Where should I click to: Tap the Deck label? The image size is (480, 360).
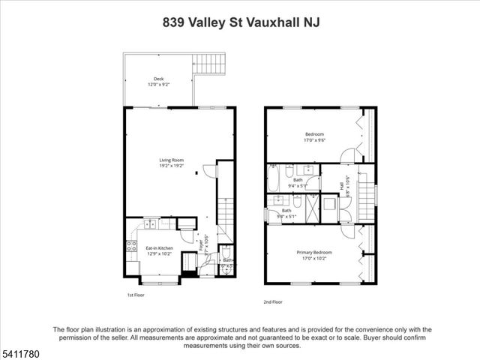pyautogui.click(x=158, y=79)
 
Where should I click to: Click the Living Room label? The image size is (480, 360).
pyautogui.click(x=171, y=160)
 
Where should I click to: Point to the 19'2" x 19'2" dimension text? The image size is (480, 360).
pyautogui.click(x=171, y=166)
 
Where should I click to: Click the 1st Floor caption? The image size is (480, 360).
pyautogui.click(x=135, y=295)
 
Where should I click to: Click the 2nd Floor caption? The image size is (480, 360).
pyautogui.click(x=273, y=301)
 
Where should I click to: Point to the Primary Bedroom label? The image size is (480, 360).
pyautogui.click(x=313, y=253)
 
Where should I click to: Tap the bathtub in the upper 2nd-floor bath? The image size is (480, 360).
pyautogui.click(x=274, y=179)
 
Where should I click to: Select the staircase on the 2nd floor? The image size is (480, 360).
pyautogui.click(x=365, y=197)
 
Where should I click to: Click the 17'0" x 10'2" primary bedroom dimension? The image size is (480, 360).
pyautogui.click(x=313, y=259)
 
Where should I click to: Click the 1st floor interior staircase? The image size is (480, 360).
pyautogui.click(x=226, y=211)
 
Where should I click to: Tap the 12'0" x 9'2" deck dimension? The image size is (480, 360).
pyautogui.click(x=158, y=85)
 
